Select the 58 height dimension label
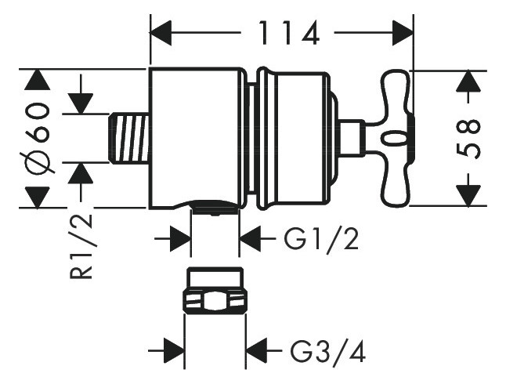(468, 138)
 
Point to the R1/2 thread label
(80, 247)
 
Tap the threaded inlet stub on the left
(127, 137)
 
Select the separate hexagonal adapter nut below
(215, 292)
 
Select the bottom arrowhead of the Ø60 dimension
(37, 197)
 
